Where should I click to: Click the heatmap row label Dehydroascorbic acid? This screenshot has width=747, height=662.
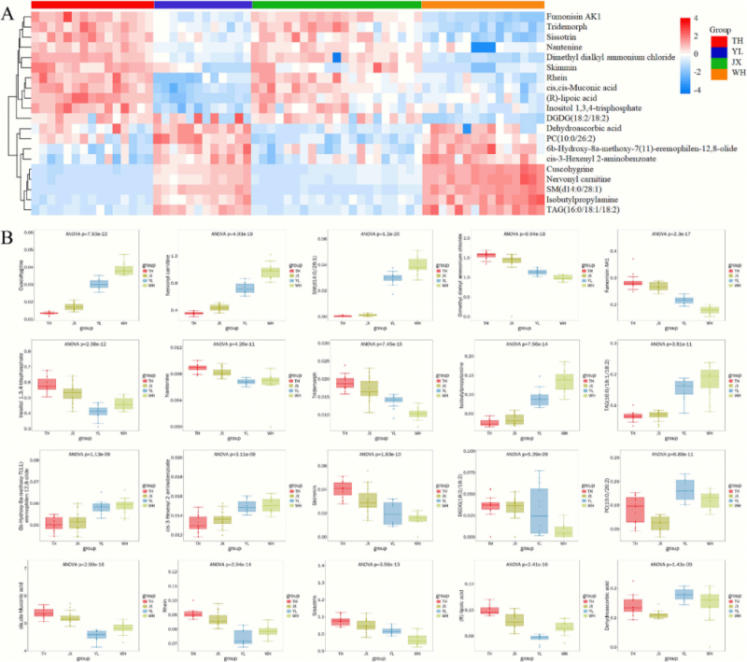point(580,129)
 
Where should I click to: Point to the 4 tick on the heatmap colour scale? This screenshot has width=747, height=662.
point(683,19)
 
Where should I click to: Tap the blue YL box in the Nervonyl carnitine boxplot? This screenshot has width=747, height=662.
point(245,288)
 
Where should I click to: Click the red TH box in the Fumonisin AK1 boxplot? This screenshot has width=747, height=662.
point(633,282)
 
